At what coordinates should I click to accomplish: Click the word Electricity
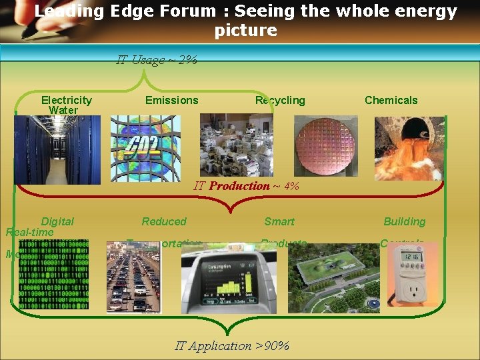(x=67, y=100)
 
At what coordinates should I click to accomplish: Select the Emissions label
(x=171, y=100)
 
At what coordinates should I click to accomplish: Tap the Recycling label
(x=280, y=100)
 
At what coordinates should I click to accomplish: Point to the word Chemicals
(x=391, y=100)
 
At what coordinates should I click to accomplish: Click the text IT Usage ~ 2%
(x=157, y=60)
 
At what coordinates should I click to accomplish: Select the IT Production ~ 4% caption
(x=246, y=186)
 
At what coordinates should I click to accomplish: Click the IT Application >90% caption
(x=232, y=345)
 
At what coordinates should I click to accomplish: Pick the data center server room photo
(x=58, y=149)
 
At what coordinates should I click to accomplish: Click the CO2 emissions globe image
(x=145, y=149)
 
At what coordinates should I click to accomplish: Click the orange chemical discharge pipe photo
(x=409, y=148)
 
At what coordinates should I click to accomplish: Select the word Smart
(x=279, y=221)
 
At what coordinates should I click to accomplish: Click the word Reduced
(x=164, y=221)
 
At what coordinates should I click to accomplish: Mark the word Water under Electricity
(x=63, y=110)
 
